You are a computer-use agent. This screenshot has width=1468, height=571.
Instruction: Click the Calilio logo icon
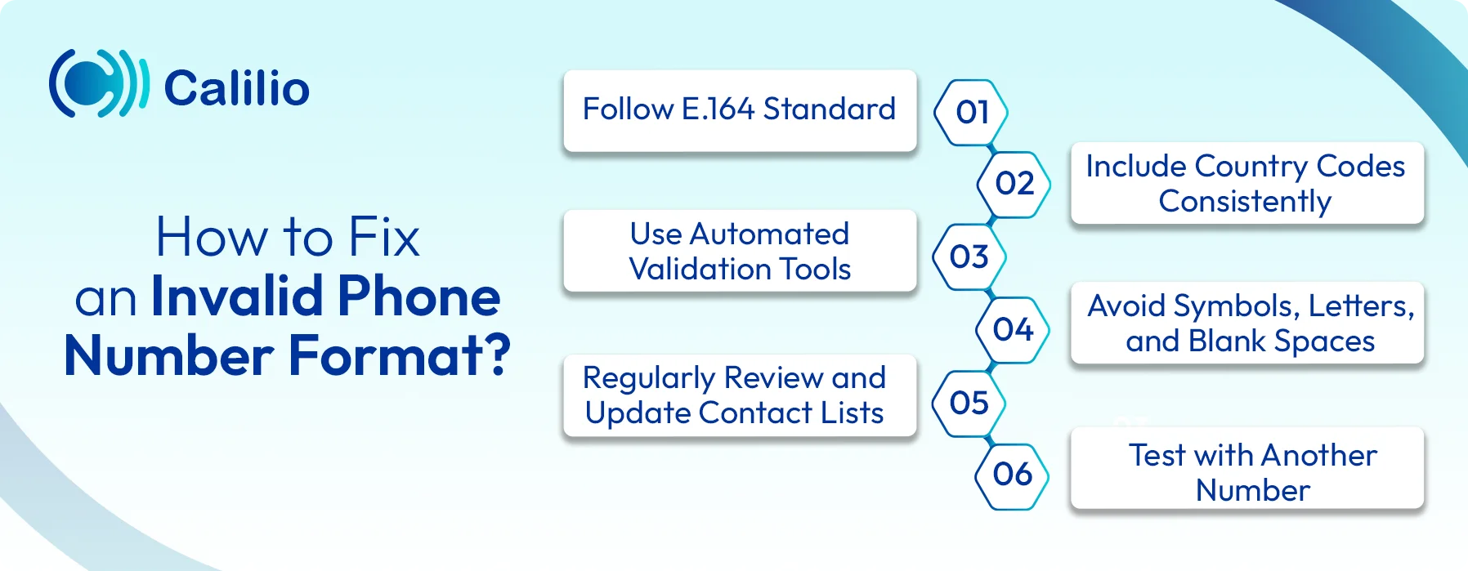98,83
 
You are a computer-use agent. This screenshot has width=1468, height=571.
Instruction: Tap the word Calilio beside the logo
236,88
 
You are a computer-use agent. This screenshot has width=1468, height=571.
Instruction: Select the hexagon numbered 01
971,112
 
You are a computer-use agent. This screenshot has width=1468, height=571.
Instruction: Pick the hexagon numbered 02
1014,184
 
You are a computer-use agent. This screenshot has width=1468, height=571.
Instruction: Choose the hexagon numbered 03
969,257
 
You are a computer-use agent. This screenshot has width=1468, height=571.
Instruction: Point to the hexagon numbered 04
1013,329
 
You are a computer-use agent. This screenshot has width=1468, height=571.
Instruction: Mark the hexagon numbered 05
969,403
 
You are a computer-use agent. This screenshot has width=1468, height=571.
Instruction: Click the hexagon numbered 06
1012,475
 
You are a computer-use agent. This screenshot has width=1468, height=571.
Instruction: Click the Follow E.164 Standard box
740,109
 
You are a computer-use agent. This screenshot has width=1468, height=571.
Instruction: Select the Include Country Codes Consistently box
1246,183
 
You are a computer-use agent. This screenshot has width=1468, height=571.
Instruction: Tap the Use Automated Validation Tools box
740,251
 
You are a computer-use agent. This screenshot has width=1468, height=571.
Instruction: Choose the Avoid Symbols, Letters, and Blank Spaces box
1247,323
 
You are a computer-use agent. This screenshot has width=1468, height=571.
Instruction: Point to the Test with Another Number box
1247,468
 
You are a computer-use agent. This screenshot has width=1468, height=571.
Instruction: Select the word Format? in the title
400,355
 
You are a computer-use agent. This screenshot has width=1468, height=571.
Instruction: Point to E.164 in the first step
718,109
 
